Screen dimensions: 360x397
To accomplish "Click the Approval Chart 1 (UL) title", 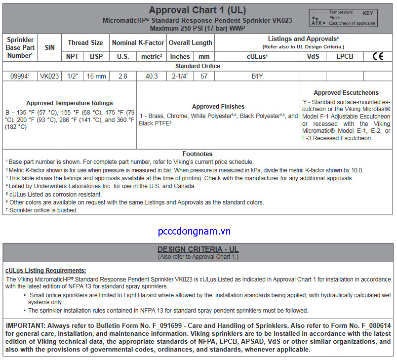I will click(x=198, y=10).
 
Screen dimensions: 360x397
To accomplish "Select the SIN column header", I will click(x=49, y=47).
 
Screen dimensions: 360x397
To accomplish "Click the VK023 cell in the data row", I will click(x=49, y=76).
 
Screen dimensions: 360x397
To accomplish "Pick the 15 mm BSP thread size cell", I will click(x=97, y=76).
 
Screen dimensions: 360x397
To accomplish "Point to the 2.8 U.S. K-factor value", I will click(x=123, y=76).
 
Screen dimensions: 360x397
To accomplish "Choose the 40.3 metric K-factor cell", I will click(x=151, y=76).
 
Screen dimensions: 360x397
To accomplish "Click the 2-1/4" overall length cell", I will click(x=180, y=76).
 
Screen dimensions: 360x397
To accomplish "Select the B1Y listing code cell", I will click(x=257, y=76).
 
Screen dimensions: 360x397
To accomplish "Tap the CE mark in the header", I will click(x=378, y=56).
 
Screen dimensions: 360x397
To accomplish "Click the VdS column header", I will click(x=313, y=56).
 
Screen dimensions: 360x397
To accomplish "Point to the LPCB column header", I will click(x=345, y=56).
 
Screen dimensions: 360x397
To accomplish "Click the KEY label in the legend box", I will click(x=368, y=13).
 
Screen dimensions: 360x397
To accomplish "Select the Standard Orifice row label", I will click(x=198, y=66).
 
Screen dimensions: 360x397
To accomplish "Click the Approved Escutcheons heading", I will click(x=346, y=92).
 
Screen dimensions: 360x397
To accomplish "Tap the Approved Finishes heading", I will click(x=218, y=107).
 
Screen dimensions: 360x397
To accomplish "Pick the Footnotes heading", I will click(x=198, y=154).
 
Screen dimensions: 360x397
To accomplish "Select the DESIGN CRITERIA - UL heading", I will click(x=198, y=249).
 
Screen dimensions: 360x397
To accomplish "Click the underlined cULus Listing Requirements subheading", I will click(x=45, y=270).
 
